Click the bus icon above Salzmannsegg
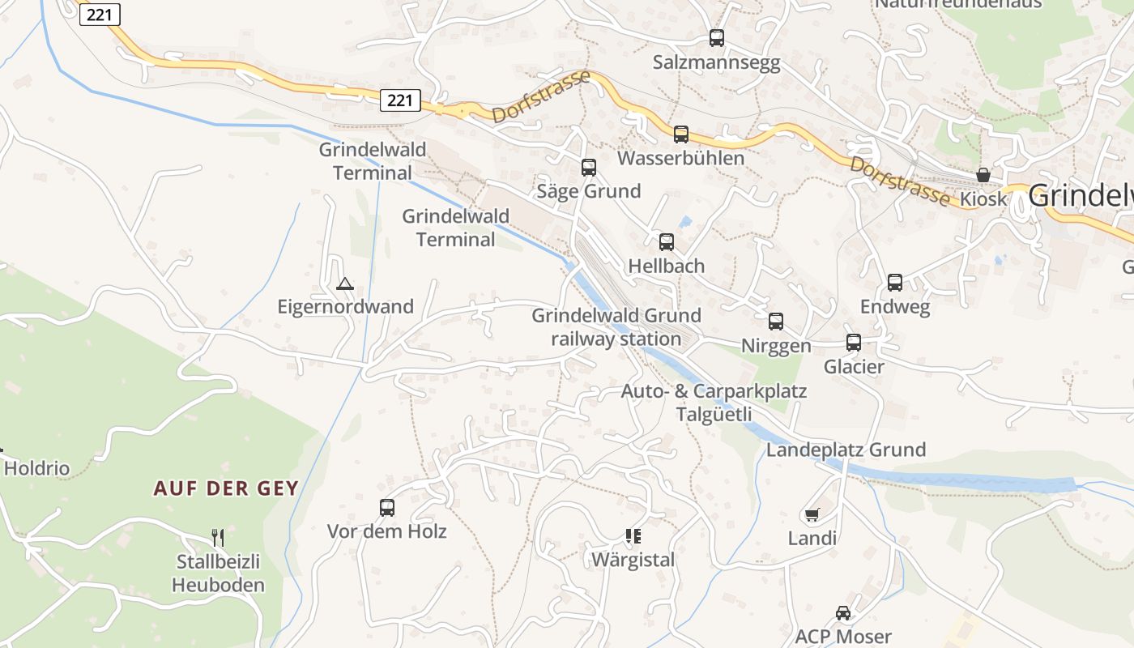(x=716, y=37)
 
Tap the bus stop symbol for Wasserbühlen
(x=680, y=134)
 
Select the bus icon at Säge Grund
(x=589, y=168)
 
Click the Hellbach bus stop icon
(x=667, y=241)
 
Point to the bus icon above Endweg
(x=895, y=283)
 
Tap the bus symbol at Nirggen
(x=776, y=322)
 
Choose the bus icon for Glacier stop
(x=854, y=343)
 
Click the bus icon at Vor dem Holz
(x=387, y=508)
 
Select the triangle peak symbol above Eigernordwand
(x=345, y=283)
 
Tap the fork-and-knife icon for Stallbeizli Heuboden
(x=217, y=538)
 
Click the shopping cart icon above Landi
(x=812, y=514)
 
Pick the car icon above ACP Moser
(x=843, y=612)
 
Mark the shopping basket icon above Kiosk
(x=983, y=175)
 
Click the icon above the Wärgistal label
(x=633, y=535)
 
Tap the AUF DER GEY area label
(x=226, y=488)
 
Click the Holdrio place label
(x=37, y=468)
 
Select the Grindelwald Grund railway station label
(x=616, y=327)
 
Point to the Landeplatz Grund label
(x=846, y=450)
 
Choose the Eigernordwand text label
(x=345, y=307)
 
